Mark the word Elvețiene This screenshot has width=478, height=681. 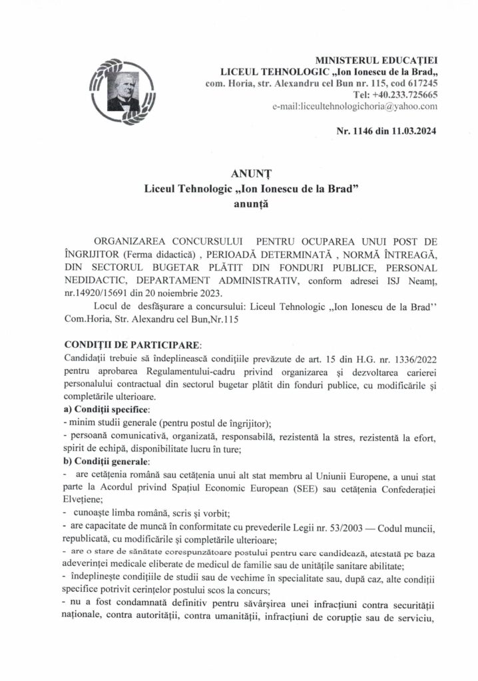pyautogui.click(x=83, y=500)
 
